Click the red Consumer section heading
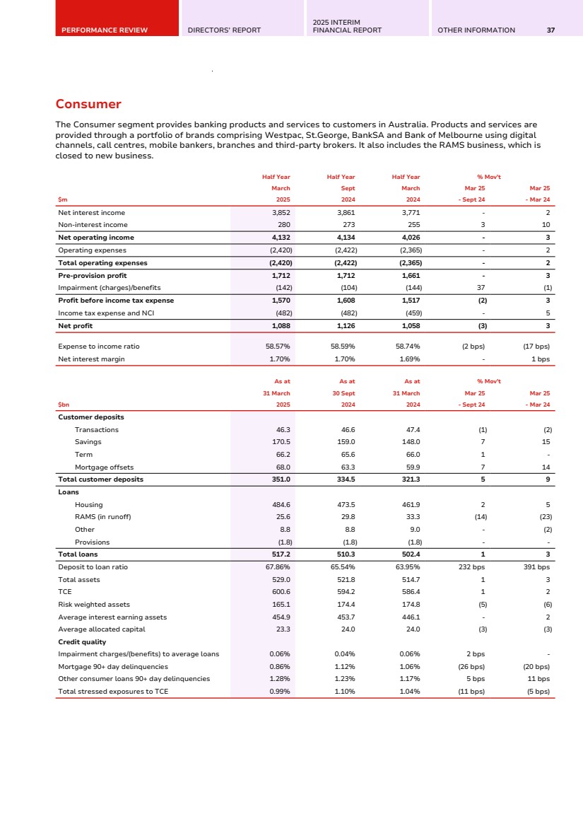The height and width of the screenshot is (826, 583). tap(88, 105)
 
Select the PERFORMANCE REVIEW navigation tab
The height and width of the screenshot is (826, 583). tap(105, 30)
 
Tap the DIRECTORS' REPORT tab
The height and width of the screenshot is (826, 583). tap(224, 30)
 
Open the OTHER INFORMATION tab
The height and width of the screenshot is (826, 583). tap(476, 30)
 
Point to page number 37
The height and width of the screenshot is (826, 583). tap(550, 30)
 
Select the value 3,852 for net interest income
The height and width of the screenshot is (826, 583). tap(281, 212)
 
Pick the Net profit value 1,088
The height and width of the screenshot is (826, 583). tap(281, 326)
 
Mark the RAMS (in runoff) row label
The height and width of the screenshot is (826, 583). tap(102, 517)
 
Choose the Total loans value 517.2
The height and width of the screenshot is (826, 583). tap(281, 554)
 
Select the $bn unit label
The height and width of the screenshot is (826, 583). tap(63, 405)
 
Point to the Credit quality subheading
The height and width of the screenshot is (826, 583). tap(82, 641)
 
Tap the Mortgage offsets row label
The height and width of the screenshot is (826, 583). tap(103, 467)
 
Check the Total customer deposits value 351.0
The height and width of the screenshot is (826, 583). tap(281, 479)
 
